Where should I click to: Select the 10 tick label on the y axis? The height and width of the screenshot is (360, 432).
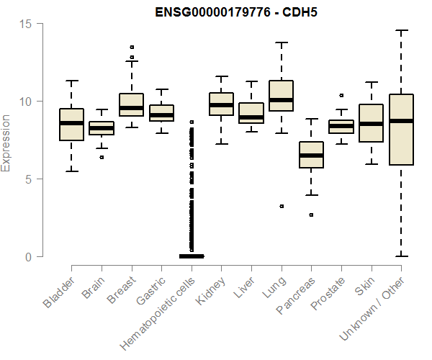(x=27, y=102)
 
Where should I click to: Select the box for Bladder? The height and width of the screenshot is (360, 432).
(x=71, y=125)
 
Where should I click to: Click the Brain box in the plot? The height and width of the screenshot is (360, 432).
(x=102, y=128)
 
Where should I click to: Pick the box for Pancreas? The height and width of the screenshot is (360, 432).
(x=311, y=155)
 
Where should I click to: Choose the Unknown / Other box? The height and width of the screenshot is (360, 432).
(x=401, y=130)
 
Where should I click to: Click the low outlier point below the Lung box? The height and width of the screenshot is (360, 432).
(x=282, y=206)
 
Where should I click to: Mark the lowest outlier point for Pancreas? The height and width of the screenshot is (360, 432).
(x=311, y=215)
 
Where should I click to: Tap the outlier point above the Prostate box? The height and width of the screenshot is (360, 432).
(x=341, y=95)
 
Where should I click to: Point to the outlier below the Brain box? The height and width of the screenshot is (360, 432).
(x=102, y=157)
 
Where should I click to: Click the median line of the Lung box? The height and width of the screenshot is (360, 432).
(x=282, y=100)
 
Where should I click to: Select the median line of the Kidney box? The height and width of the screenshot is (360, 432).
(x=221, y=105)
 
